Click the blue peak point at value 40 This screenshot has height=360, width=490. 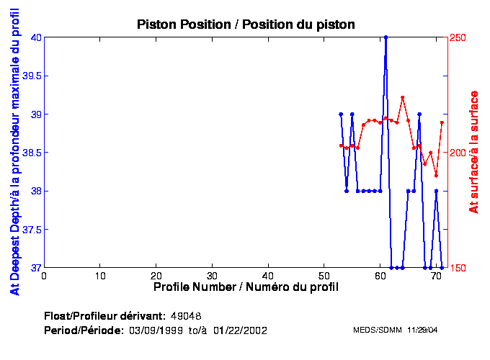386,37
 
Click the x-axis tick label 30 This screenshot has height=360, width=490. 212,276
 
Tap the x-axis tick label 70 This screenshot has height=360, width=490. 436,276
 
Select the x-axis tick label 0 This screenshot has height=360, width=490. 45,276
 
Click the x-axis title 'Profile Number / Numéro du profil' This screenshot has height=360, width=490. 246,287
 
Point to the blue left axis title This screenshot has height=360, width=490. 14,152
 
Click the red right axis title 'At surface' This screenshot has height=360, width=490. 474,152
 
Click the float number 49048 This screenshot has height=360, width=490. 186,316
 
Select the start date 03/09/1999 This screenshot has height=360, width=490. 153,330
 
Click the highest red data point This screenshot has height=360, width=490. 402,97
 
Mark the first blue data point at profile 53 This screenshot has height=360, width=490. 341,114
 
